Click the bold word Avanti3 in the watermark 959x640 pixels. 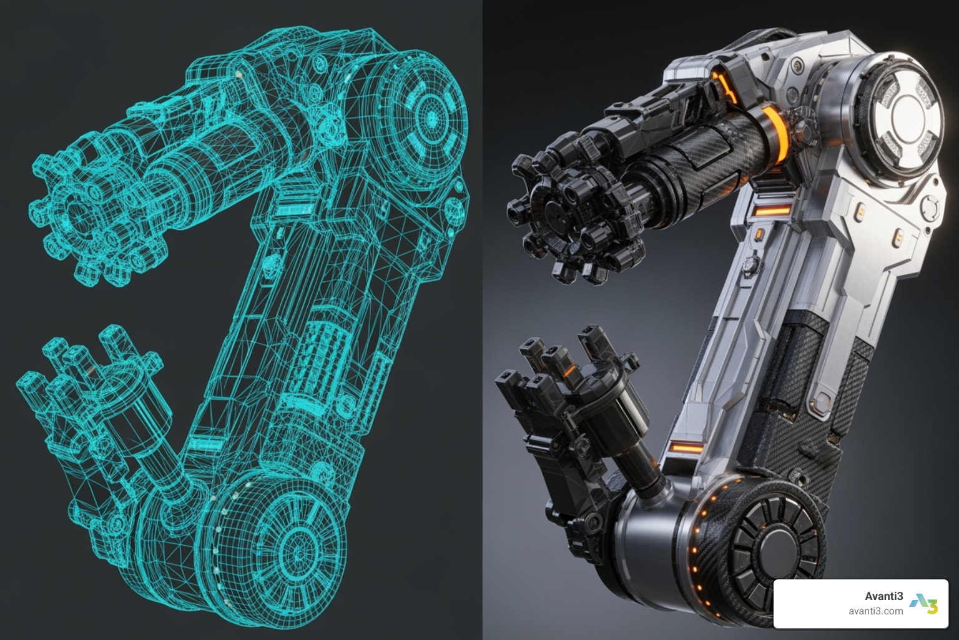(883, 596)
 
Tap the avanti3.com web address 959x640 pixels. (876, 611)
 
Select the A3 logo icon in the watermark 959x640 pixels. (923, 604)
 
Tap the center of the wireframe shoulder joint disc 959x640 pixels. (431, 117)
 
